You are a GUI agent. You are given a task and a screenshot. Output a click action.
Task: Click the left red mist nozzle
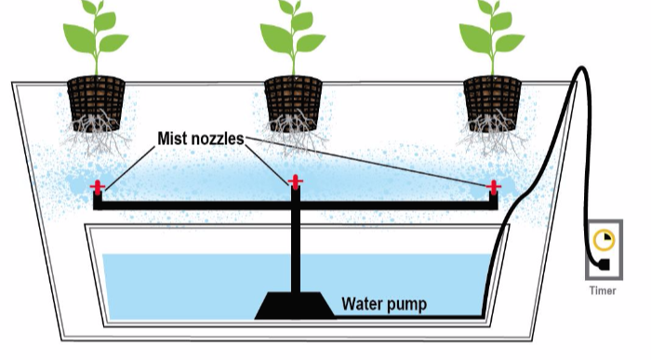[x=98, y=188]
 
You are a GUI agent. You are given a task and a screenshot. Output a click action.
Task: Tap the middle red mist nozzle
[x=295, y=182]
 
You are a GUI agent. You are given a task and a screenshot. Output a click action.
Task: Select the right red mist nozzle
[x=493, y=188]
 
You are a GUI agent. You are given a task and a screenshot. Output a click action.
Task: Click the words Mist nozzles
[x=201, y=139]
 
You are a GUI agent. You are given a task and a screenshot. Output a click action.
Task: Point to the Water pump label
[x=384, y=304]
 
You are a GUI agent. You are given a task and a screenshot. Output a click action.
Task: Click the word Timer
[x=603, y=290]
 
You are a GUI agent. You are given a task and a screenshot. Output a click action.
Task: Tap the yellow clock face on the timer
[x=604, y=240]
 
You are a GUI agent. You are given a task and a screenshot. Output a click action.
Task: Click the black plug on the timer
[x=603, y=265]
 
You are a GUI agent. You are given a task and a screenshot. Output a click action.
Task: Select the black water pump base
[x=295, y=306]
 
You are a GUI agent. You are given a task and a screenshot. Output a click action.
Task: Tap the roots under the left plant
[x=96, y=134]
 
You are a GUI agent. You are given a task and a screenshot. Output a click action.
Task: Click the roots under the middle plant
[x=294, y=134]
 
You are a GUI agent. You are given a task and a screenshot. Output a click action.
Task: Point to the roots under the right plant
[x=492, y=134]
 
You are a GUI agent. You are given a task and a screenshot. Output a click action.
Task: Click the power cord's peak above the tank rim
[x=581, y=68]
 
